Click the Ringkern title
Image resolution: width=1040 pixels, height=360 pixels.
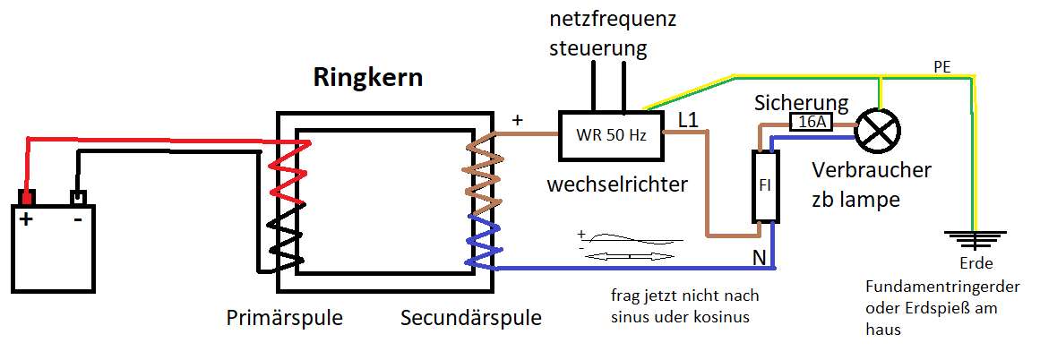(367, 78)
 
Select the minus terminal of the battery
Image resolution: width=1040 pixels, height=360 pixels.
(78, 196)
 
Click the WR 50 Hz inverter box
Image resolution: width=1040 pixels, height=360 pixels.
(610, 135)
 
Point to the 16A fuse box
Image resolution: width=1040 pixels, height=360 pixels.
(812, 123)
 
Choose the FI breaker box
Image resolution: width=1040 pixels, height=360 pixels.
(765, 185)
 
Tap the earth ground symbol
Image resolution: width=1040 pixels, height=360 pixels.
(973, 238)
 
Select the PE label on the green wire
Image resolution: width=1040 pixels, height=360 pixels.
(941, 68)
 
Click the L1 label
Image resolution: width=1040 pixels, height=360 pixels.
(691, 119)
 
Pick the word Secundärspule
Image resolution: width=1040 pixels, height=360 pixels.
(471, 319)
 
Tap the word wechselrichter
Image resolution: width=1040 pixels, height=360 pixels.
(617, 185)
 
